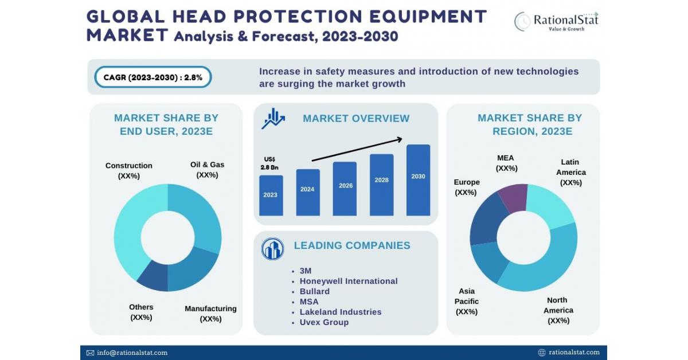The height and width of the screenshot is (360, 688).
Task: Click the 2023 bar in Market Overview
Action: coord(271,195)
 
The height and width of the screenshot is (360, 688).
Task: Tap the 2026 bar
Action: coord(345,189)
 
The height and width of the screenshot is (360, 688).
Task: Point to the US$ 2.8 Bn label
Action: coord(270,163)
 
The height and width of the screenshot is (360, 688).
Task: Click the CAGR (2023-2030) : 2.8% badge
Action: coord(153,77)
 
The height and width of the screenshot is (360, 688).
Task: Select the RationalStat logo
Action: coord(556,22)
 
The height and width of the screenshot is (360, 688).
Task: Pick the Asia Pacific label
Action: coord(467,302)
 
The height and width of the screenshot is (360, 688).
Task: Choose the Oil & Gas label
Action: coord(207,170)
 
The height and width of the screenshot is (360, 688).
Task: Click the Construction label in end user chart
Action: coord(129,171)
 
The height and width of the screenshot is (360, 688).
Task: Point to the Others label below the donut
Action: coord(141,312)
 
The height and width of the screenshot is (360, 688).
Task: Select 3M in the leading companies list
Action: coord(306,271)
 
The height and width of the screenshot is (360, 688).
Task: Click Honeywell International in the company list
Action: coord(348,281)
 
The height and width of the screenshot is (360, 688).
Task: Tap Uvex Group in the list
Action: coord(324,322)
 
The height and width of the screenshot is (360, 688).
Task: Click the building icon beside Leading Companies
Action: coord(272,249)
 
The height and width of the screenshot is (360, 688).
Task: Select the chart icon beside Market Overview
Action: coord(273,119)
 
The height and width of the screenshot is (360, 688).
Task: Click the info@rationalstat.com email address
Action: coord(131,353)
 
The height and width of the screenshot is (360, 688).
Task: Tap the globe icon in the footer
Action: coord(542,353)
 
